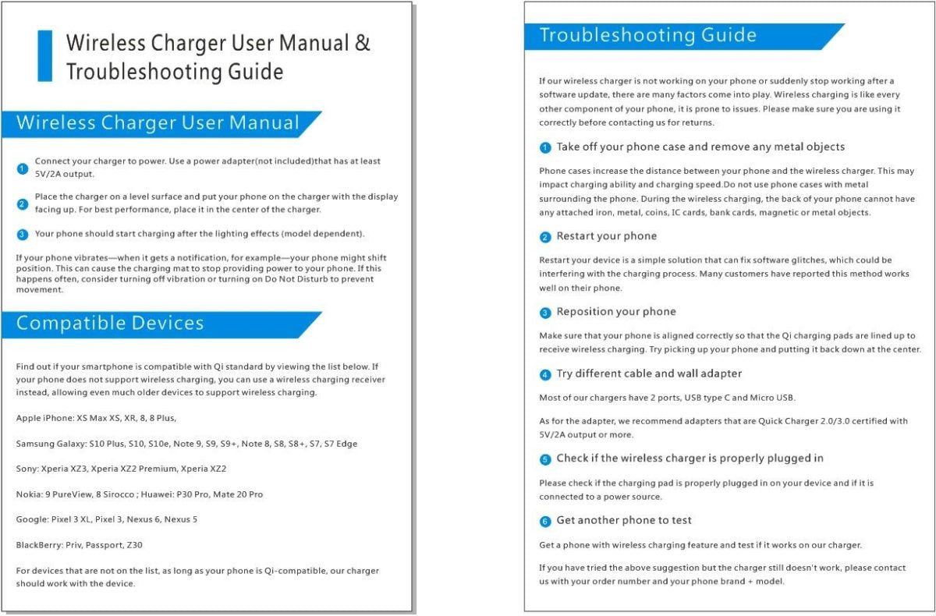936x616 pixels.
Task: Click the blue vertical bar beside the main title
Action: tap(45, 56)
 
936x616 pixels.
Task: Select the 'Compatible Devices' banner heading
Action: tap(110, 324)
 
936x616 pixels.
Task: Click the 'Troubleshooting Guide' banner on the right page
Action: tap(647, 36)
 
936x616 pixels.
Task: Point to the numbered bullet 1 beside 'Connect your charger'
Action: tap(23, 168)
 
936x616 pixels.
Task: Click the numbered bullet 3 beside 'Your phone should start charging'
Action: tap(23, 234)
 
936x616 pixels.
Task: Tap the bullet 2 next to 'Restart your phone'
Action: tap(545, 237)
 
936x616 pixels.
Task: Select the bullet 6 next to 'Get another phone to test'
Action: tap(545, 521)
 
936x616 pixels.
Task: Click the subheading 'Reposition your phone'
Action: tap(615, 312)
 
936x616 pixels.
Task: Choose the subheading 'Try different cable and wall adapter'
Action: tap(649, 373)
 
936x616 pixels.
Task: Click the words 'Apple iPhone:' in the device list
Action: tap(44, 419)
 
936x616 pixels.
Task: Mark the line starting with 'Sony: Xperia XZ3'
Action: tap(121, 469)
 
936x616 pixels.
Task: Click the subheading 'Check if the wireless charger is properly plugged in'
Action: tap(690, 458)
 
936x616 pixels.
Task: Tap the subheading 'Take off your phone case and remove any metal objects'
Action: tap(700, 147)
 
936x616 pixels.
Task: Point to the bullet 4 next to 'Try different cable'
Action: tap(545, 375)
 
